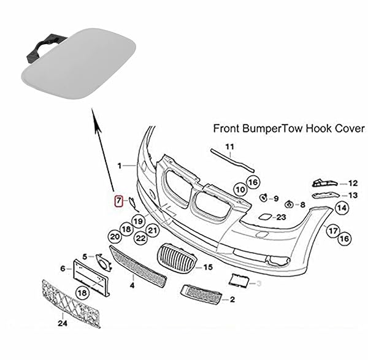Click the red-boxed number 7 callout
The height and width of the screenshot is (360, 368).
point(119,200)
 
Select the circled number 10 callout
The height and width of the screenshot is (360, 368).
point(240,190)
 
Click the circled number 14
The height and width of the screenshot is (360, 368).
point(341,208)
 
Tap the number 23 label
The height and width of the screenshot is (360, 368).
point(282,216)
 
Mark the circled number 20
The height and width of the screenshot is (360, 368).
point(114,236)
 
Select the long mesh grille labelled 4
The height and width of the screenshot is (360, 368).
point(138,266)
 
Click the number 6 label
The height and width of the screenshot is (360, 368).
point(62,269)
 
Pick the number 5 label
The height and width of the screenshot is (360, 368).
point(85,255)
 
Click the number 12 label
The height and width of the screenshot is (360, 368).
point(352,183)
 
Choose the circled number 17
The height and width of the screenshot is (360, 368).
point(332,231)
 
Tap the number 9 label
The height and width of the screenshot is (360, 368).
point(276,199)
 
